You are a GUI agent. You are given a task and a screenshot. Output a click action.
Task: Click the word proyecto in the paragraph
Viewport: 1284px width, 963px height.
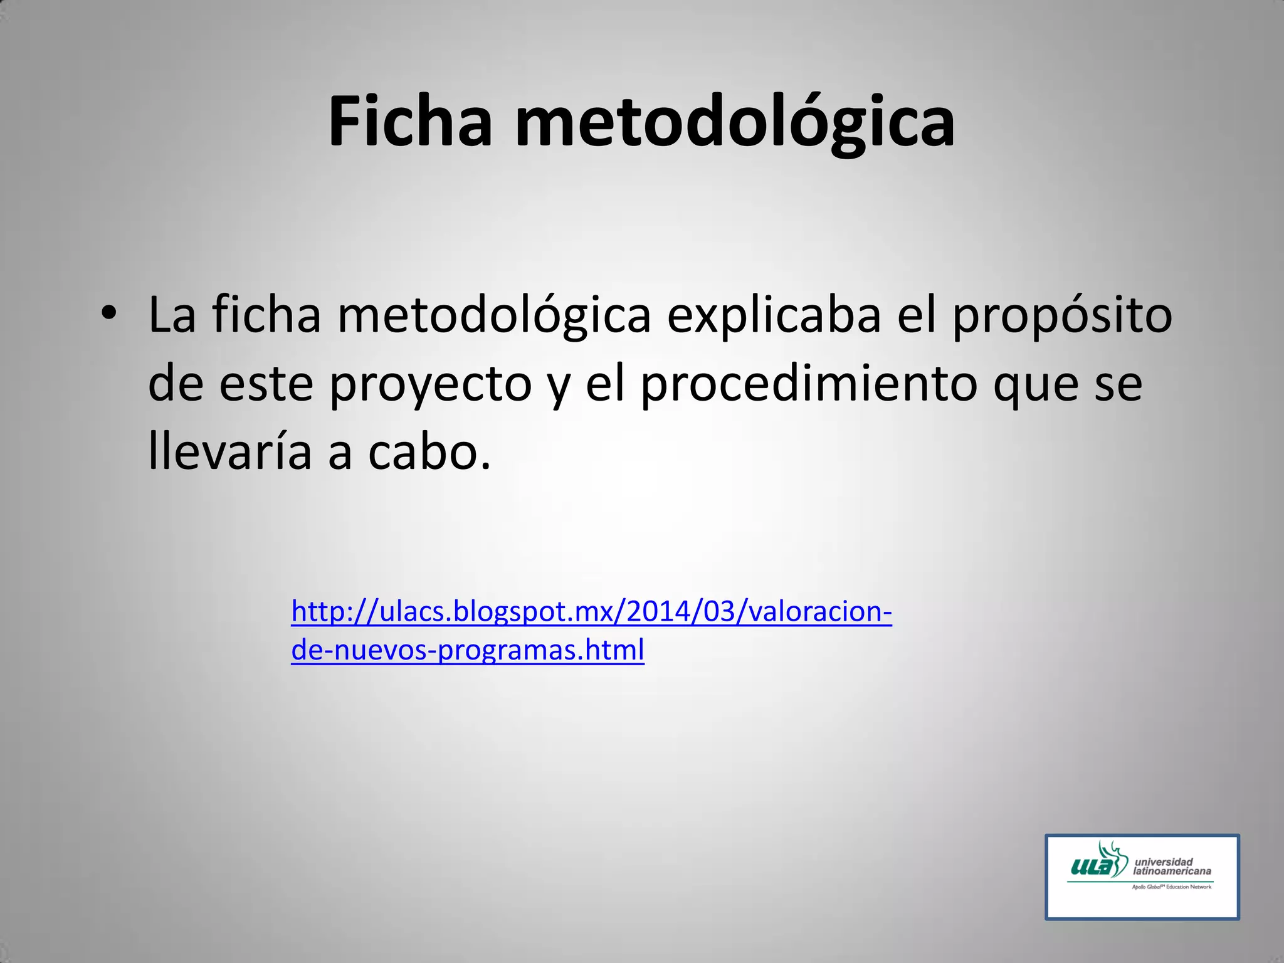(x=431, y=384)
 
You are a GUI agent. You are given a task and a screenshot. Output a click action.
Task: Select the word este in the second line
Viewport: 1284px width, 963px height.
(x=266, y=383)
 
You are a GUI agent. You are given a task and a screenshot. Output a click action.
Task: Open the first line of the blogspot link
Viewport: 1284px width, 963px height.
(x=591, y=611)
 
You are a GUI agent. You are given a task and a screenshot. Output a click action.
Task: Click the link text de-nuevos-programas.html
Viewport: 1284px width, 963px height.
(x=468, y=650)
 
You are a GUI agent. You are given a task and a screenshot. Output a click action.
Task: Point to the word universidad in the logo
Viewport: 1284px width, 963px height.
(x=1164, y=861)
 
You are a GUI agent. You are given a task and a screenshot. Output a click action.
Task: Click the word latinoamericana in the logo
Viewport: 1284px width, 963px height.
(x=1172, y=871)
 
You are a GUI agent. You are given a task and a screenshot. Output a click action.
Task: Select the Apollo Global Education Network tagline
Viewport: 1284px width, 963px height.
(x=1171, y=887)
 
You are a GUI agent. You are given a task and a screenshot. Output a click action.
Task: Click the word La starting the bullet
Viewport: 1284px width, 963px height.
(x=171, y=315)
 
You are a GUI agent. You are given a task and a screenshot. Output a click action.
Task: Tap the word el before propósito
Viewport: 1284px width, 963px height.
(x=917, y=315)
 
